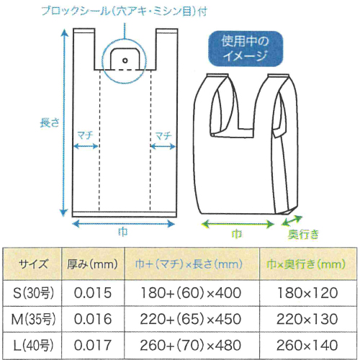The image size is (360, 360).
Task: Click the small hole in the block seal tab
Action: (125, 60)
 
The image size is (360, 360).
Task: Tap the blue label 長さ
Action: (49, 122)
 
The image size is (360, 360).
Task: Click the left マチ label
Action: (85, 135)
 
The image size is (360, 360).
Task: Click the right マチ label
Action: (163, 136)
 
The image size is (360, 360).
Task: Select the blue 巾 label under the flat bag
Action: (123, 232)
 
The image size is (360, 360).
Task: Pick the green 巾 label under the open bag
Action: (237, 234)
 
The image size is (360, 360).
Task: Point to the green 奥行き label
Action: (303, 234)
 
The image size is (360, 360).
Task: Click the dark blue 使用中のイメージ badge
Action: (246, 48)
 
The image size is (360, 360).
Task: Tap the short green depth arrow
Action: (292, 221)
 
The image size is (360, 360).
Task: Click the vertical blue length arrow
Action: (64, 122)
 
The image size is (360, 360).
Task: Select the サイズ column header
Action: (33, 264)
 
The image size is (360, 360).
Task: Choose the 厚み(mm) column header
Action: (92, 264)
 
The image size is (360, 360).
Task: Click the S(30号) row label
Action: (33, 293)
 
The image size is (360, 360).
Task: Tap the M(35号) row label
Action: (33, 319)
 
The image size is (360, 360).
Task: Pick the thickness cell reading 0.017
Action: (93, 345)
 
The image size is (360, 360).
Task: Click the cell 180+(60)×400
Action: (191, 293)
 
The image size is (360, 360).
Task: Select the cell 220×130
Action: (307, 319)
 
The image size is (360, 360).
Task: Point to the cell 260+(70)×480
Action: (191, 345)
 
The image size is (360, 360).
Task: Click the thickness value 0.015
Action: (93, 293)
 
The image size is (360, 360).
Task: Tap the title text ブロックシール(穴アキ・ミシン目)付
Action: (124, 12)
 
